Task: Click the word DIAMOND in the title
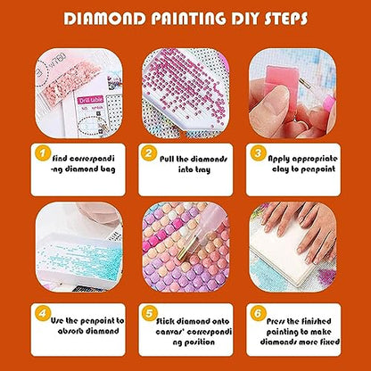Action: tap(105, 19)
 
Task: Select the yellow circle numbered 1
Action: tap(43, 153)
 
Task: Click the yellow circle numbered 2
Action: tap(149, 153)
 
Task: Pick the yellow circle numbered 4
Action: tap(43, 313)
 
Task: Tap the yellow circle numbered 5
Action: tap(149, 313)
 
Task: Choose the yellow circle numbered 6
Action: tap(258, 313)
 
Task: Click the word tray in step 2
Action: tap(202, 170)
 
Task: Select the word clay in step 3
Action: tap(280, 169)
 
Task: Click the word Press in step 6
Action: tap(276, 321)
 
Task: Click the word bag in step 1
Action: tap(108, 169)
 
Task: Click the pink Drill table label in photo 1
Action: tap(91, 100)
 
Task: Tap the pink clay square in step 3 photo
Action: tap(282, 78)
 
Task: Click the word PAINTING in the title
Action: tap(189, 19)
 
